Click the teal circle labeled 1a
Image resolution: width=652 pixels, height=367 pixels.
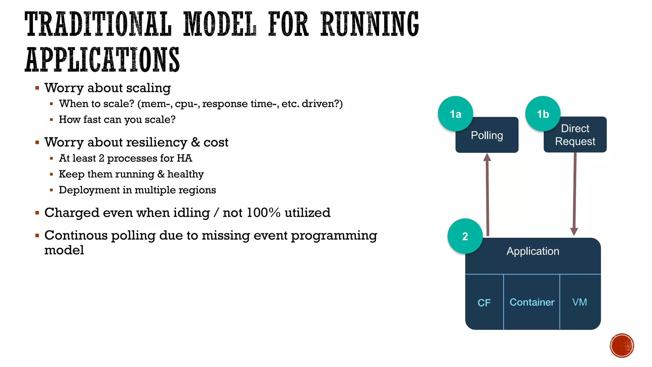455,113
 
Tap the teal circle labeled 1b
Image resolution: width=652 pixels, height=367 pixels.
542,113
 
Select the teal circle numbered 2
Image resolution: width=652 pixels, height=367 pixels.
465,236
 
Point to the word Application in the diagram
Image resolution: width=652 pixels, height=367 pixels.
533,251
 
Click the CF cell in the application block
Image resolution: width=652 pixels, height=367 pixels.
484,302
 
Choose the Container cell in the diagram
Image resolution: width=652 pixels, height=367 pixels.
532,302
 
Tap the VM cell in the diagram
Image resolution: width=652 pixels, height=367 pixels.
579,302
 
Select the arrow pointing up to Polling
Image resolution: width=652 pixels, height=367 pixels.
487,194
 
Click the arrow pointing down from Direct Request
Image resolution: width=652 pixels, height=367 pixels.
575,194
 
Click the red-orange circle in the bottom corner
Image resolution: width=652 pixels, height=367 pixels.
622,345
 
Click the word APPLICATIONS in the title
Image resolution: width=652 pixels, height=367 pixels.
102,60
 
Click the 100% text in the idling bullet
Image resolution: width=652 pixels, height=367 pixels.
263,212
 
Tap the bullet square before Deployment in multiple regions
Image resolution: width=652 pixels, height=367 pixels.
51,190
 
